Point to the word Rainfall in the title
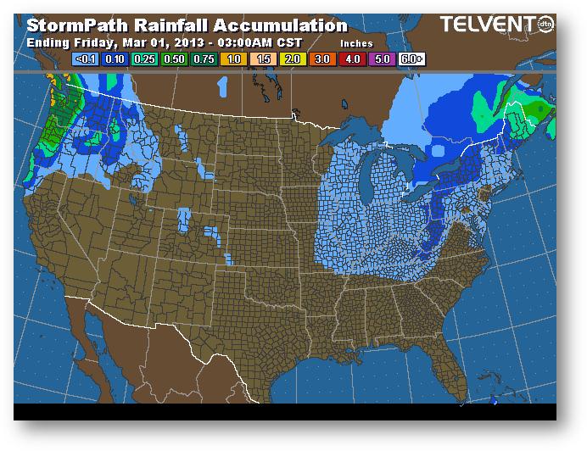pyautogui.click(x=170, y=25)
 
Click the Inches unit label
pyautogui.click(x=356, y=42)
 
